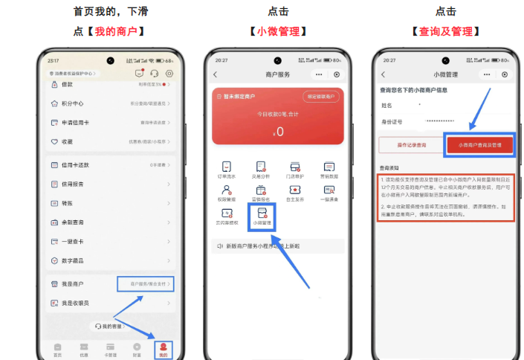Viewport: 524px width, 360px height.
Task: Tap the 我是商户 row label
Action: [x=73, y=283]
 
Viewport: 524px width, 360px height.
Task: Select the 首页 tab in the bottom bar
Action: [x=57, y=349]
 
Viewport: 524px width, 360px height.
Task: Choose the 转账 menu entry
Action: [x=68, y=202]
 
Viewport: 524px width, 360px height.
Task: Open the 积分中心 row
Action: [x=73, y=103]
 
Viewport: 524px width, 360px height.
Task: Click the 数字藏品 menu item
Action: [x=74, y=260]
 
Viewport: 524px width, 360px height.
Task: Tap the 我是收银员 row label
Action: [x=76, y=303]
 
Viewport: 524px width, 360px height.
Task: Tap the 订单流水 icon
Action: [x=227, y=170]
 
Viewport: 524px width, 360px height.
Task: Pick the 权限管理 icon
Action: [x=227, y=193]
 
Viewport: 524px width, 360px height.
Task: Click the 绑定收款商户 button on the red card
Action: [x=321, y=97]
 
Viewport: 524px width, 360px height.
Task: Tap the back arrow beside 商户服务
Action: [x=216, y=74]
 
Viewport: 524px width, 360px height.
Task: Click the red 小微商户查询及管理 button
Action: [x=479, y=145]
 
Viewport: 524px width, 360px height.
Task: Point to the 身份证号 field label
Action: [x=391, y=120]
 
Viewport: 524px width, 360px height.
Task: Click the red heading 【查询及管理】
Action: [x=446, y=31]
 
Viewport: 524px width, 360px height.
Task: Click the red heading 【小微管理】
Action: [x=279, y=31]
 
